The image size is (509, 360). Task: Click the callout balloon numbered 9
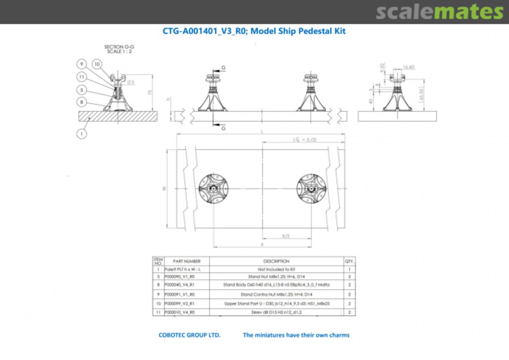click(x=82, y=64)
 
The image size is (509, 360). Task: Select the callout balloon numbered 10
click(x=97, y=64)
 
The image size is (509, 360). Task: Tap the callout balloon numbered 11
click(x=82, y=76)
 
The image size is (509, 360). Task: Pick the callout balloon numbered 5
click(x=82, y=90)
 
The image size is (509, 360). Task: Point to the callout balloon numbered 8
click(x=82, y=102)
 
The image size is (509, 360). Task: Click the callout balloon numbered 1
click(x=82, y=134)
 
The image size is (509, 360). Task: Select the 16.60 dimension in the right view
click(x=408, y=67)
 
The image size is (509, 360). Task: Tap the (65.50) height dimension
click(x=422, y=93)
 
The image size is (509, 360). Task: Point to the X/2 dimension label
click(x=286, y=236)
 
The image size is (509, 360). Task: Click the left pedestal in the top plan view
click(x=213, y=188)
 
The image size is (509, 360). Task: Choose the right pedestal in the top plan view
click(x=311, y=188)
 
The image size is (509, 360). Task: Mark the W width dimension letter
click(x=164, y=188)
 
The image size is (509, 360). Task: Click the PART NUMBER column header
click(x=186, y=261)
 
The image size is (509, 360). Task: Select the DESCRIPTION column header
click(x=276, y=261)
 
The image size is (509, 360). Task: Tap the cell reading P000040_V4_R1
click(x=180, y=285)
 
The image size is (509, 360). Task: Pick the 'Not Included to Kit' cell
click(x=276, y=269)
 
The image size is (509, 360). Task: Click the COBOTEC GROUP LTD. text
click(x=189, y=335)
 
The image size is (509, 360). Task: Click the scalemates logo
click(x=439, y=12)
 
